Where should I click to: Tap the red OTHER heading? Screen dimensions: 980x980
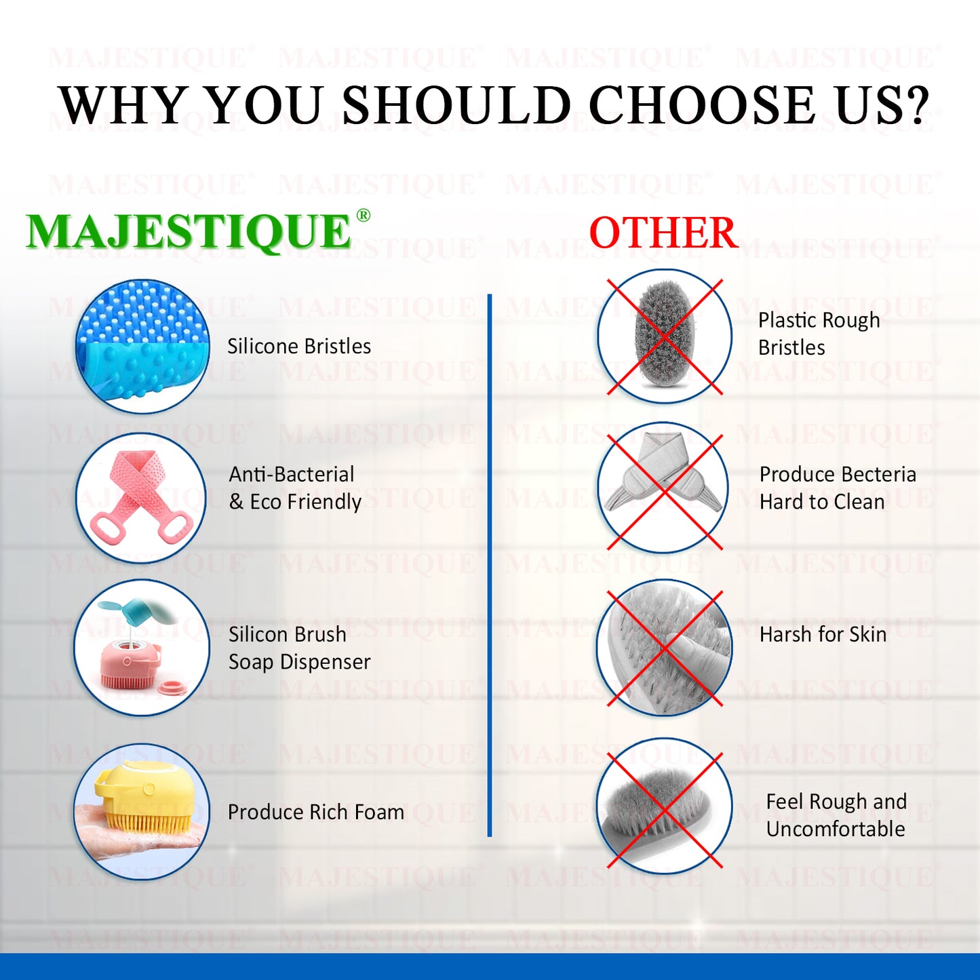[x=664, y=233]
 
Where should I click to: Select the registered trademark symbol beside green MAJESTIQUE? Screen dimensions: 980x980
[x=363, y=215]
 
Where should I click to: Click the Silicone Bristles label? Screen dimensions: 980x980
[x=299, y=347]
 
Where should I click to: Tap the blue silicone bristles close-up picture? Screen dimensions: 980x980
[x=142, y=346]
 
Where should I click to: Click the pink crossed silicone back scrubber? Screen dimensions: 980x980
[x=141, y=498]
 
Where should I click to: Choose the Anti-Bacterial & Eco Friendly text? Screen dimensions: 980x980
[x=295, y=488]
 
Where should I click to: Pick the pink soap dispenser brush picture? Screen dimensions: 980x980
[x=141, y=648]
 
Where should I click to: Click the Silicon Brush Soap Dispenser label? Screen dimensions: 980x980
[x=300, y=648]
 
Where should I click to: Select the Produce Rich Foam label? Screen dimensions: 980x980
[x=316, y=812]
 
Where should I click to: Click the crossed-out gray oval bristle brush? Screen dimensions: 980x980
[x=665, y=336]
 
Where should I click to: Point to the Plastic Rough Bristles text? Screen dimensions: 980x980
[x=819, y=334]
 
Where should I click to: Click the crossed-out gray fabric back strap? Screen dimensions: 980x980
[x=665, y=487]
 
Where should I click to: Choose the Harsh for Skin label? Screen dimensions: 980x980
[x=823, y=634]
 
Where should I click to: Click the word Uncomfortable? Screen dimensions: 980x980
[x=836, y=829]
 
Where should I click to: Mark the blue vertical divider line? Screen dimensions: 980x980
[x=489, y=565]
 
